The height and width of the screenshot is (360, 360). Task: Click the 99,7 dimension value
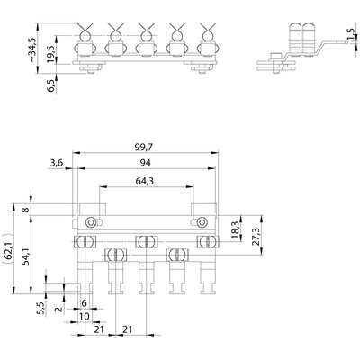(144, 148)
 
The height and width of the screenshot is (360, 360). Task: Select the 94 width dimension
(146, 163)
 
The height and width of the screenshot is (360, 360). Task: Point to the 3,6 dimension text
(57, 163)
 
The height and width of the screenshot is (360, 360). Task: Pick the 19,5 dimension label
(50, 54)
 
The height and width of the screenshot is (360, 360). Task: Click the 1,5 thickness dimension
(350, 34)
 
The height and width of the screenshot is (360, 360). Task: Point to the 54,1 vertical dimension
(26, 256)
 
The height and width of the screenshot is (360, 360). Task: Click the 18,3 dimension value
(236, 230)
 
